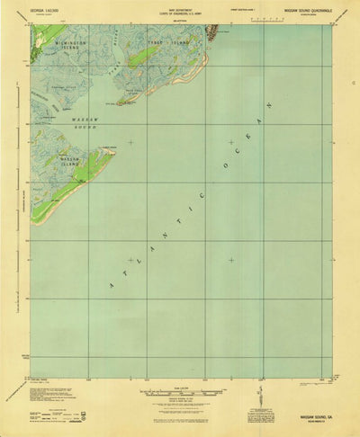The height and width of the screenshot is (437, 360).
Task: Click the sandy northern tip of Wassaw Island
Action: coord(111,150)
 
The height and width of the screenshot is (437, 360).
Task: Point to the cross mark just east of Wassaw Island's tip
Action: coord(131,142)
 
